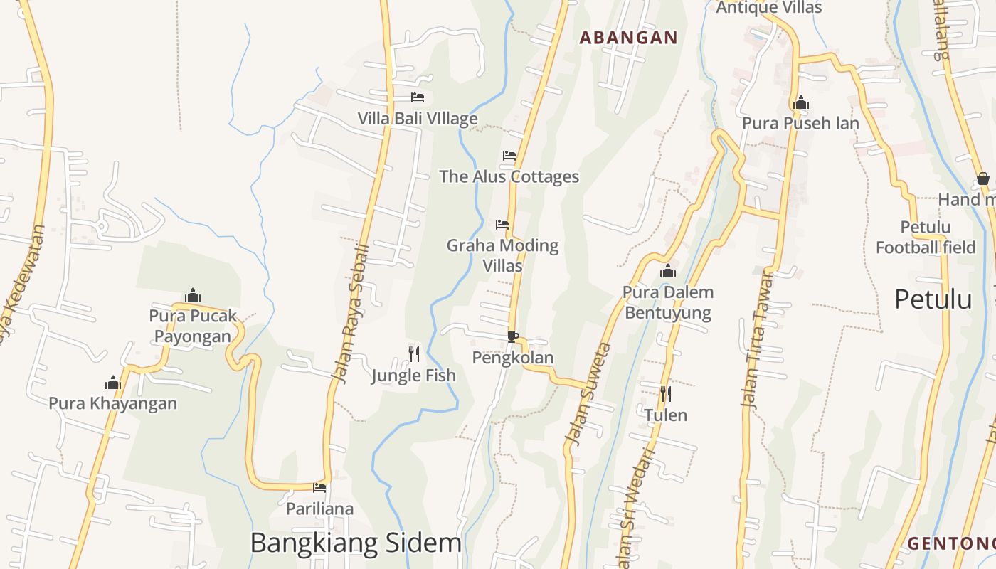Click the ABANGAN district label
(628, 38)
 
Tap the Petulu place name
(933, 299)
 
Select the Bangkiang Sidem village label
(356, 543)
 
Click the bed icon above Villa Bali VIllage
(418, 97)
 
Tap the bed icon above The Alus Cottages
(509, 155)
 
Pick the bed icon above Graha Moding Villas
(502, 225)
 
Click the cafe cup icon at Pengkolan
(513, 336)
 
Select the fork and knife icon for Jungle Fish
(414, 353)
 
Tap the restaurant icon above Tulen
(666, 393)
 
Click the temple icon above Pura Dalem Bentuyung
(667, 271)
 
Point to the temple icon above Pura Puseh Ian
(801, 103)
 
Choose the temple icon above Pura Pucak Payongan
(193, 295)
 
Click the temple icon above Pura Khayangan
(113, 383)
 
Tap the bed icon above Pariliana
(319, 488)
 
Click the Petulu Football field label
(926, 238)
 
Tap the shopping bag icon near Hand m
(983, 179)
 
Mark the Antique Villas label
(768, 8)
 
